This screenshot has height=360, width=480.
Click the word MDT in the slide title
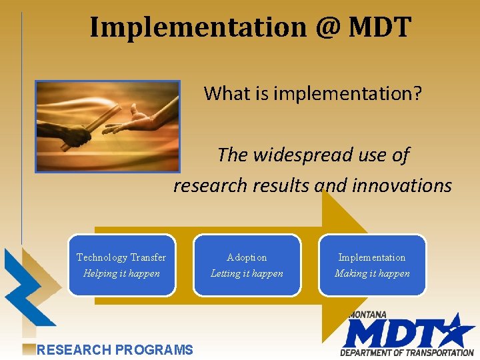click(x=380, y=27)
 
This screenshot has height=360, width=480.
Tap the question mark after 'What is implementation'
click(x=417, y=93)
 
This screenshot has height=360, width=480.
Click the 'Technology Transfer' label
click(x=121, y=257)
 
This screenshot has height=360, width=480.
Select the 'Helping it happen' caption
click(x=121, y=273)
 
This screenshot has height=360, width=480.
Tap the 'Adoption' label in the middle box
click(x=247, y=257)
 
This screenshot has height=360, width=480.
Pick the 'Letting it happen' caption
click(x=247, y=273)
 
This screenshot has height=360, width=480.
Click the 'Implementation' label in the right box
click(x=371, y=257)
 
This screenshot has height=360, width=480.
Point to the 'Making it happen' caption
click(x=371, y=273)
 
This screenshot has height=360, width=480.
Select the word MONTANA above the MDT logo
click(x=367, y=315)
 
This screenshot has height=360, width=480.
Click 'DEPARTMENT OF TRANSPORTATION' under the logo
click(x=407, y=353)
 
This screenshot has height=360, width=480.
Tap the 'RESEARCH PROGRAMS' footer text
click(x=115, y=349)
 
